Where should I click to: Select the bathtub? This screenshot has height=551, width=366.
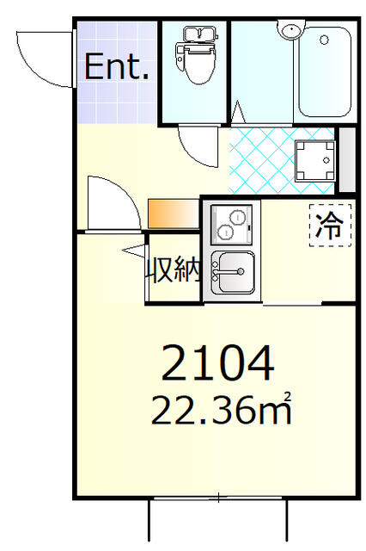323,73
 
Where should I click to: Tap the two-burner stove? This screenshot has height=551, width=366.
232,222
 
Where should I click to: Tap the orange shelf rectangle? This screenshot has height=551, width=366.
173,213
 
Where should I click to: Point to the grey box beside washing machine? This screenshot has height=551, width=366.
347,159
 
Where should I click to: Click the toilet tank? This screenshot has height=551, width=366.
197,34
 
